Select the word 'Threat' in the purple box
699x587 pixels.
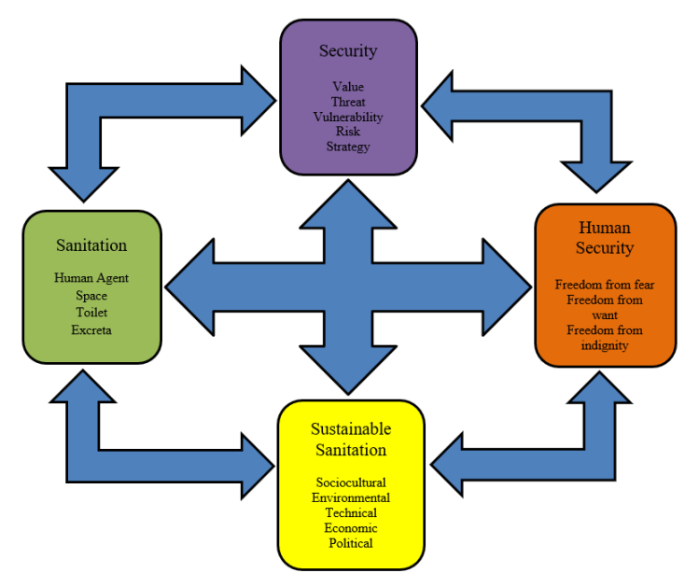click(348, 102)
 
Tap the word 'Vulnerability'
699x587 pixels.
click(348, 117)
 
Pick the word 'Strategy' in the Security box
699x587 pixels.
click(348, 147)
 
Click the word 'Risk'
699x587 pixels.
click(348, 132)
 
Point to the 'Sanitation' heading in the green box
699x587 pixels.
click(91, 245)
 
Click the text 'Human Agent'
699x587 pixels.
click(91, 277)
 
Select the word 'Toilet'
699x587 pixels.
click(91, 313)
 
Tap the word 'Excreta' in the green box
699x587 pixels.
click(91, 330)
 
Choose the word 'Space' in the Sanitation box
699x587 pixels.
click(91, 295)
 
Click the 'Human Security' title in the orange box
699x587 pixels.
click(605, 238)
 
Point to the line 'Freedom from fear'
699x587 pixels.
click(605, 285)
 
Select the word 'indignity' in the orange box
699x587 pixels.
click(605, 345)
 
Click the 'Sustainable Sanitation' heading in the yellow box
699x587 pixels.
click(351, 440)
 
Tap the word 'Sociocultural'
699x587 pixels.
click(351, 482)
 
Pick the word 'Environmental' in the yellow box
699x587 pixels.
click(351, 497)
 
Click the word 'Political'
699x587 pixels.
click(351, 543)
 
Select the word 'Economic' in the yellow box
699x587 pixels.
click(351, 528)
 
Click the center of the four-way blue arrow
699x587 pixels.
click(348, 286)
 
